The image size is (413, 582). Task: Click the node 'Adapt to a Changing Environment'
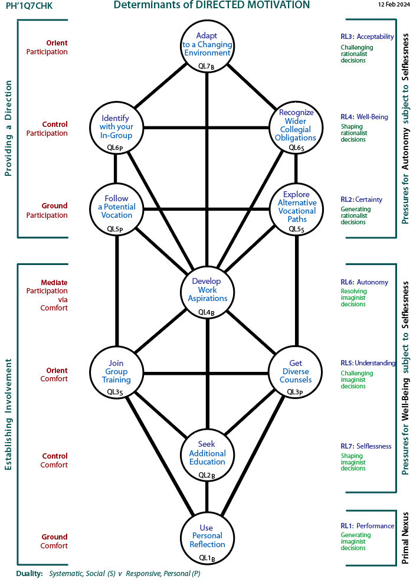[207, 44]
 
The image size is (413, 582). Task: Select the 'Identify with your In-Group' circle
[116, 127]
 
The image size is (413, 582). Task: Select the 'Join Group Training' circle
[116, 372]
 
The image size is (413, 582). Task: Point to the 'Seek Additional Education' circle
[207, 453]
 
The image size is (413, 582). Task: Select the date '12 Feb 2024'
[394, 5]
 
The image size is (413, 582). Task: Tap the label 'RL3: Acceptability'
[367, 37]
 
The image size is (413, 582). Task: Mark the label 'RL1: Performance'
[367, 526]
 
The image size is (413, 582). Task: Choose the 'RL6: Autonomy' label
[364, 282]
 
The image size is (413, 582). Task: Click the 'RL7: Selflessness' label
[366, 446]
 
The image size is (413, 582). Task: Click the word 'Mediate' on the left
[54, 282]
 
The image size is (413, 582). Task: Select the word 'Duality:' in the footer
[29, 573]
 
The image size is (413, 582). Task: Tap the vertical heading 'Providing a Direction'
[8, 129]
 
